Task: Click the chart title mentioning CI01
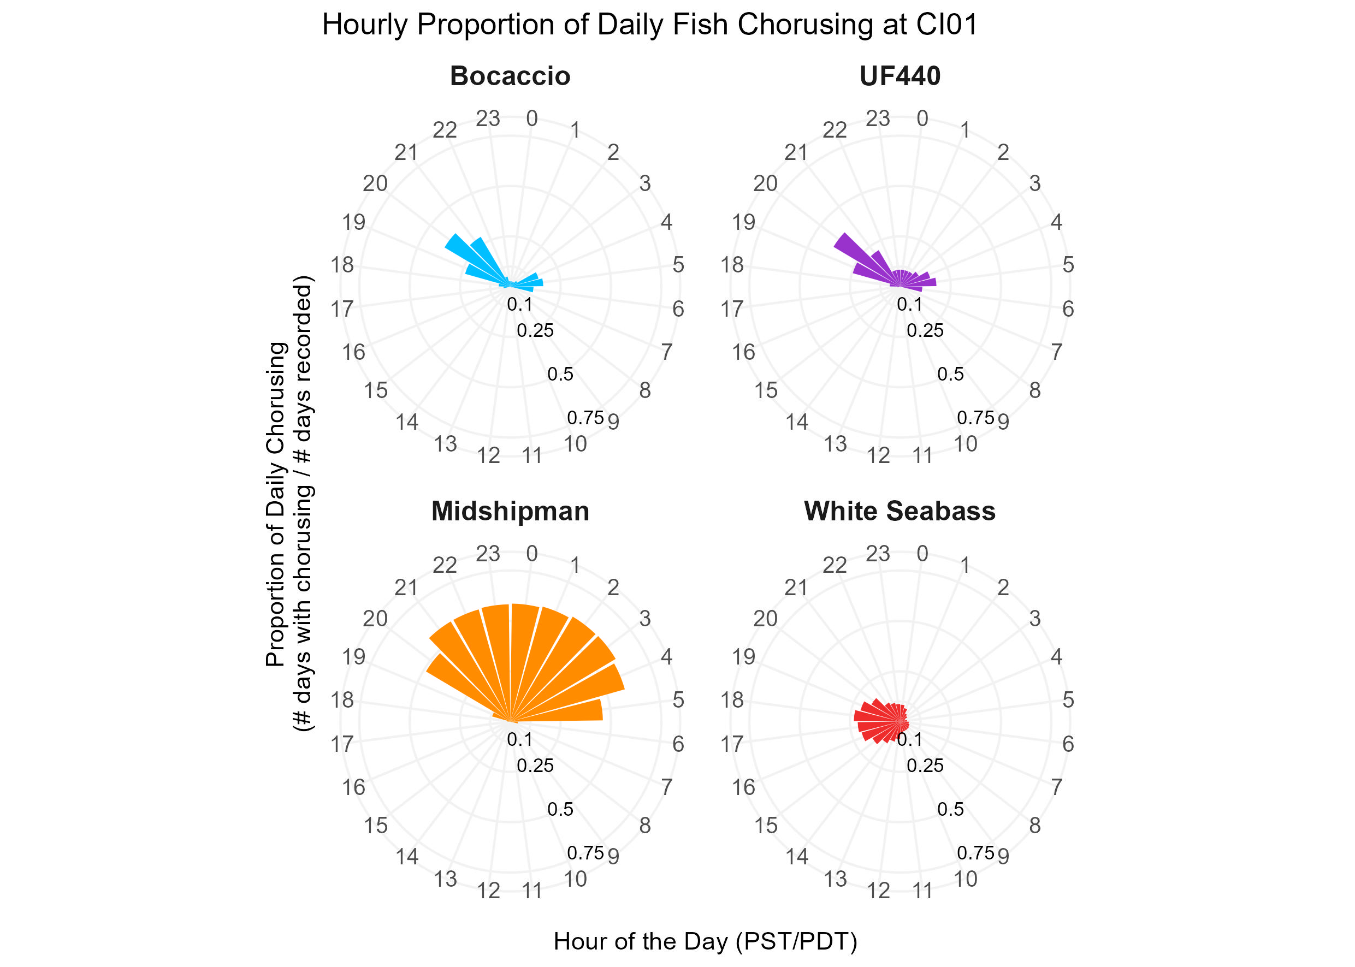[649, 25]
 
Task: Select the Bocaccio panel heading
[510, 76]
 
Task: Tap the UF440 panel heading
[900, 76]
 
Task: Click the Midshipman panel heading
[510, 511]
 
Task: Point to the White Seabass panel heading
[900, 511]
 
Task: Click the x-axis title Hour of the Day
[705, 941]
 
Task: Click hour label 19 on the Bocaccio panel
[353, 223]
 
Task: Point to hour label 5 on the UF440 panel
[1068, 265]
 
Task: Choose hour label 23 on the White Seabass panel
[877, 554]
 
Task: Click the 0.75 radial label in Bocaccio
[585, 418]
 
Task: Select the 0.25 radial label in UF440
[925, 330]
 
